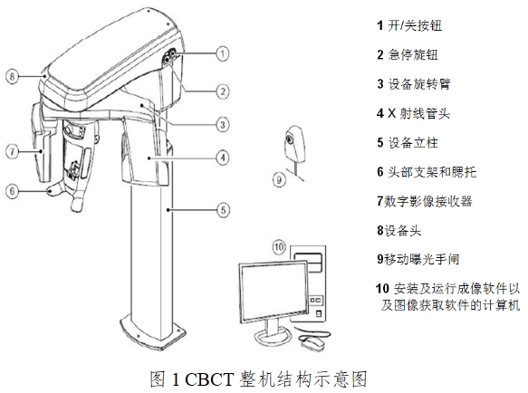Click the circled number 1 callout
(x=222, y=54)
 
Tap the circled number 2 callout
(x=222, y=90)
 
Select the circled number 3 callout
(x=222, y=124)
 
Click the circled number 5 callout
(x=222, y=210)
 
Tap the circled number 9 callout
(x=280, y=179)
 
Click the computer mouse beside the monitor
(x=313, y=343)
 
